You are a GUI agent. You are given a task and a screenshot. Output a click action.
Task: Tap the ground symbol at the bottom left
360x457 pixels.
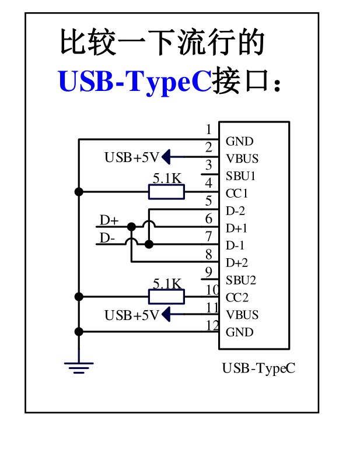point(78,367)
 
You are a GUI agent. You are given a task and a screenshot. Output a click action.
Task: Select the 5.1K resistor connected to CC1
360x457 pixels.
point(167,192)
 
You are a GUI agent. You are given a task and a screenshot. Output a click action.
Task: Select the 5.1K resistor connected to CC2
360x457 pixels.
point(167,297)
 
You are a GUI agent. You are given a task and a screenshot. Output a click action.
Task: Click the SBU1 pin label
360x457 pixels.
point(240,175)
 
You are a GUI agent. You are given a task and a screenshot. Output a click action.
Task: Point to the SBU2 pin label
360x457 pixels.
point(240,280)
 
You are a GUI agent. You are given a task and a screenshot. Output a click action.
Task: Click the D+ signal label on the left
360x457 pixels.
point(109,220)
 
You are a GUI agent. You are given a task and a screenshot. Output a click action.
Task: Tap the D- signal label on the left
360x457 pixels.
point(108,238)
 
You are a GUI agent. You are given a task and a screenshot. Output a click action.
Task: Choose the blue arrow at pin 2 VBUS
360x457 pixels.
point(167,157)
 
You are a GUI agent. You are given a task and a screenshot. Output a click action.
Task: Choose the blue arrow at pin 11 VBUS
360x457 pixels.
point(167,315)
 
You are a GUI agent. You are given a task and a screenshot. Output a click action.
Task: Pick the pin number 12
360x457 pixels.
point(212,325)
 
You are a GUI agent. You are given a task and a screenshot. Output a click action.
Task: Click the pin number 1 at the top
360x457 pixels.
point(209,129)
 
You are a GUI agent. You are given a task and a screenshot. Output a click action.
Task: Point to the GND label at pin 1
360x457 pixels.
point(239,141)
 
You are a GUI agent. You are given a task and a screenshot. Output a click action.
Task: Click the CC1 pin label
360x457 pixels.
point(237,193)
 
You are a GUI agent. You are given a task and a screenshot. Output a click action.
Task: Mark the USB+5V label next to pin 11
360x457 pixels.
point(131,315)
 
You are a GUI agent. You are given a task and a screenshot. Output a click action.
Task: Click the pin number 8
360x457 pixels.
point(209,254)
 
